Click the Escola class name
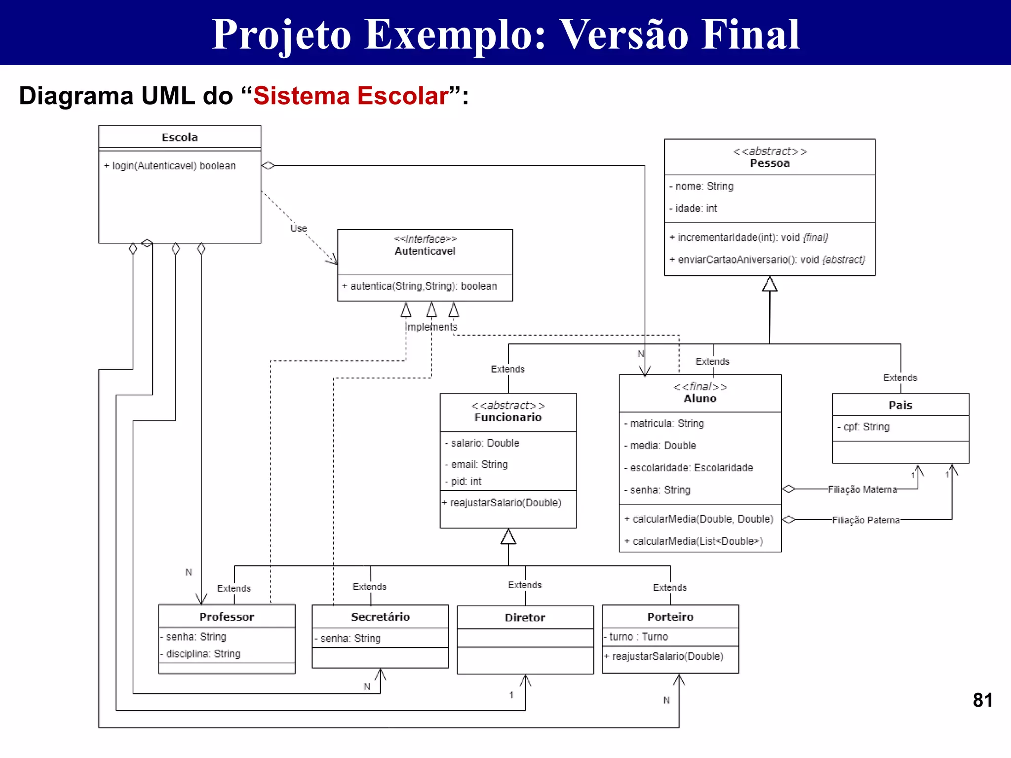click(180, 137)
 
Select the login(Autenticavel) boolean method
click(170, 166)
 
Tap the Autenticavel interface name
click(425, 251)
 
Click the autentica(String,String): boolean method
click(420, 286)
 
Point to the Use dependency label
click(299, 228)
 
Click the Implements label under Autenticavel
click(431, 327)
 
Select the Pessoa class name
click(770, 163)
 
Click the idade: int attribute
click(694, 208)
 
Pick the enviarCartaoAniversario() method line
click(768, 260)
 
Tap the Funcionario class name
click(508, 417)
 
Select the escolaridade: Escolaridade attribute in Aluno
click(689, 468)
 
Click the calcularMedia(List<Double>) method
click(694, 541)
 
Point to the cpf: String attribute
click(864, 427)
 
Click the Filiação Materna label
click(862, 490)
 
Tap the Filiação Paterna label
click(866, 520)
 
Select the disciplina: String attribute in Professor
click(200, 654)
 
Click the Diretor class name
click(525, 618)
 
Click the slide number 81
click(982, 700)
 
